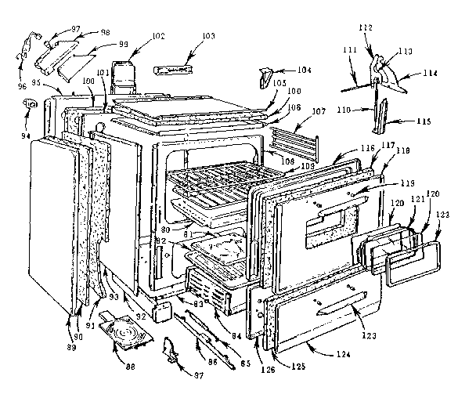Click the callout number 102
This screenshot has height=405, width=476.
click(159, 35)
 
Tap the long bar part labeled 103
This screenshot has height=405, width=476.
click(173, 71)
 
